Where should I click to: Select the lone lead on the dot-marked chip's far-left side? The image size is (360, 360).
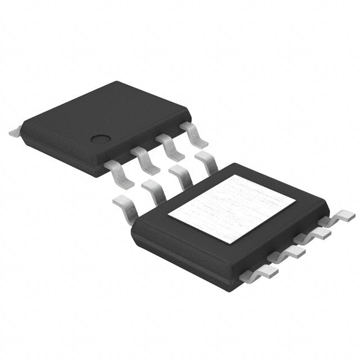tap(15, 133)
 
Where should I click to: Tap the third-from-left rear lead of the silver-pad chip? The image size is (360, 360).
tap(181, 175)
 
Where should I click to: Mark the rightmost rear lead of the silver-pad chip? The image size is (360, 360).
tap(206, 161)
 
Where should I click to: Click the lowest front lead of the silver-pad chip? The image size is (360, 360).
tap(259, 273)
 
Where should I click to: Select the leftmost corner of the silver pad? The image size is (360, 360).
tap(168, 217)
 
